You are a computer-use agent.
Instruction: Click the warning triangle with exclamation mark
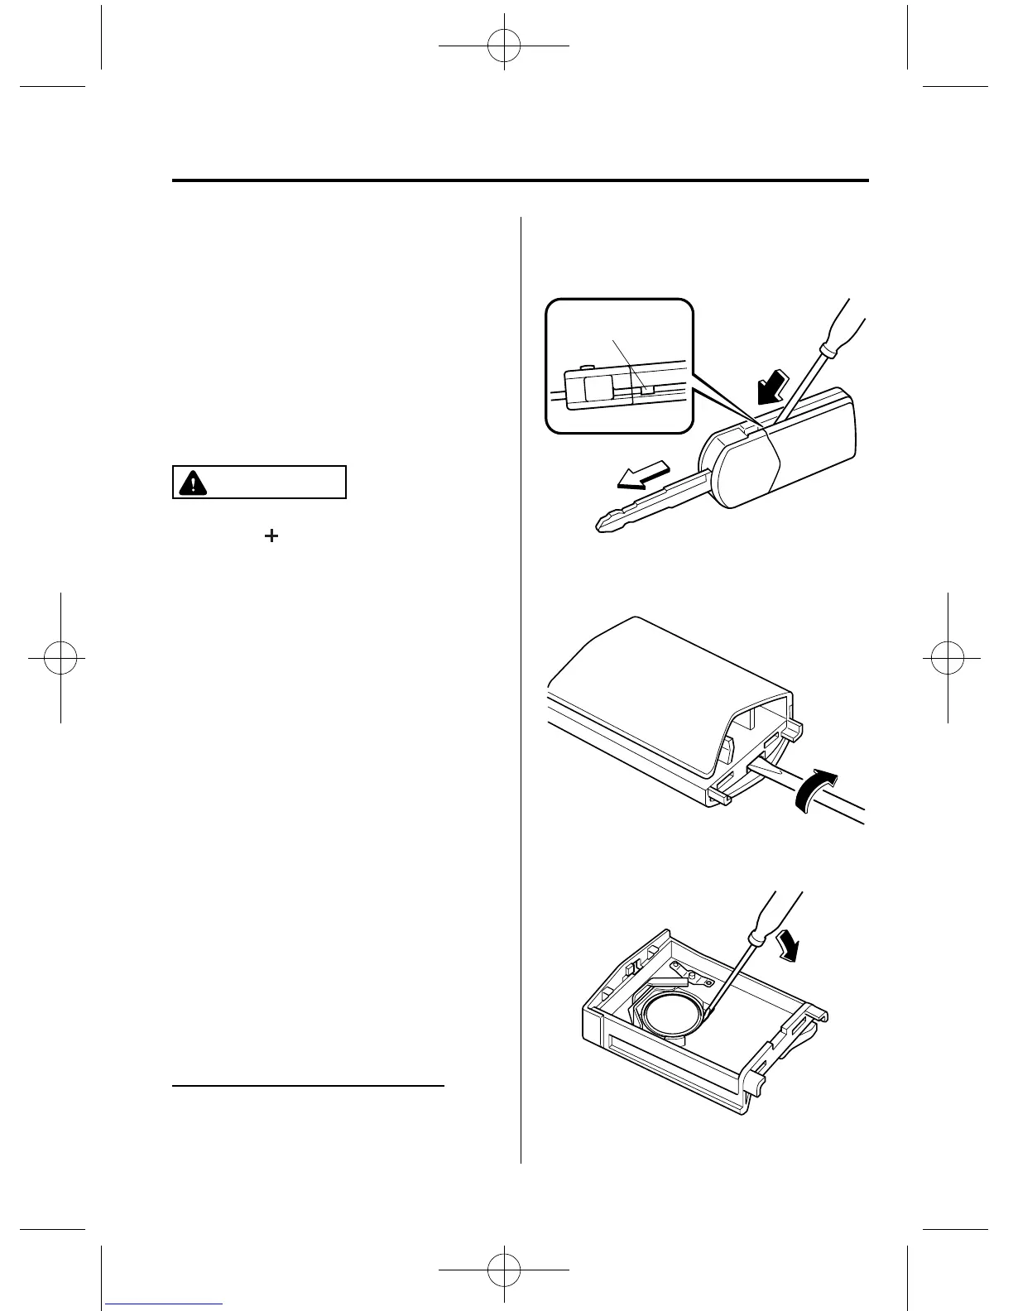(x=193, y=483)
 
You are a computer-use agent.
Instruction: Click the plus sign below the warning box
(x=271, y=536)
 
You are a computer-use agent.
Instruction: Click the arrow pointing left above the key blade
(x=646, y=480)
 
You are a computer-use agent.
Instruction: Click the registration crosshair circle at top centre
(x=503, y=47)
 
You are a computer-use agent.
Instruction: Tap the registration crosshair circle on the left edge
(x=61, y=658)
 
